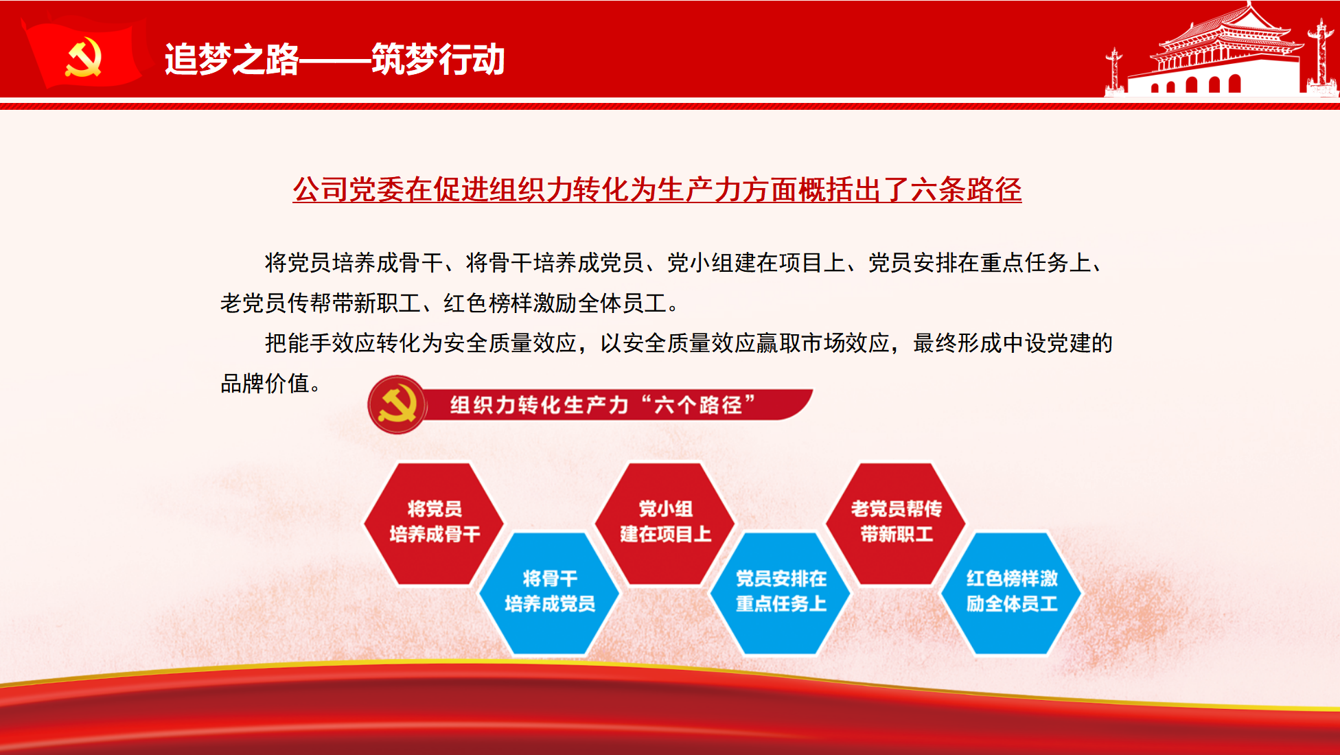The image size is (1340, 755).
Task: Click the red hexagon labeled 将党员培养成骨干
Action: (434, 524)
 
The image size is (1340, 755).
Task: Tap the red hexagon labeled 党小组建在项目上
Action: (665, 524)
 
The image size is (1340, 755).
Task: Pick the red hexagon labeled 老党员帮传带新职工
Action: (896, 524)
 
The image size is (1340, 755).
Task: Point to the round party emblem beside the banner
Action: (397, 405)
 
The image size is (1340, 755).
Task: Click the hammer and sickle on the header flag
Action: (84, 58)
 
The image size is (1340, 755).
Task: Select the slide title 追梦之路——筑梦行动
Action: (335, 59)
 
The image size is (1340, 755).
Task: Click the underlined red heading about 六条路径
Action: (657, 189)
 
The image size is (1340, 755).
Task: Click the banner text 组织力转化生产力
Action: (540, 405)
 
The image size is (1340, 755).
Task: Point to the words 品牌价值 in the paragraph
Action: (264, 383)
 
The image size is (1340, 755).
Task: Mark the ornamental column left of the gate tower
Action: (1114, 71)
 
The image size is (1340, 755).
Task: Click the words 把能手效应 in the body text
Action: (321, 342)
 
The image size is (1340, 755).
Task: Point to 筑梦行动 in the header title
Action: (439, 59)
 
